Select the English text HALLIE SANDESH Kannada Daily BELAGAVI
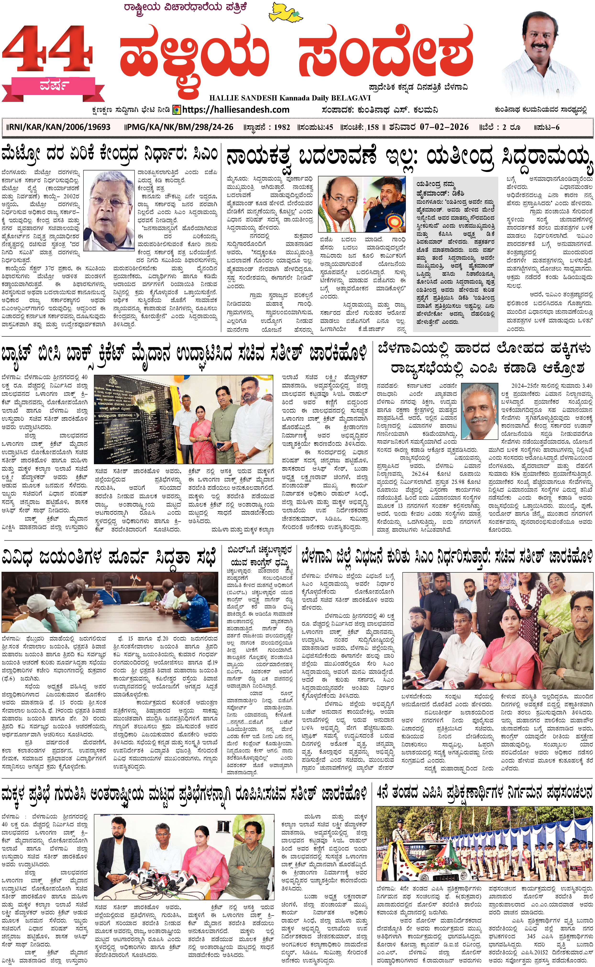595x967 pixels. [x=290, y=98]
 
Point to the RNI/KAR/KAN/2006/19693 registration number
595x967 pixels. [x=59, y=127]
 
